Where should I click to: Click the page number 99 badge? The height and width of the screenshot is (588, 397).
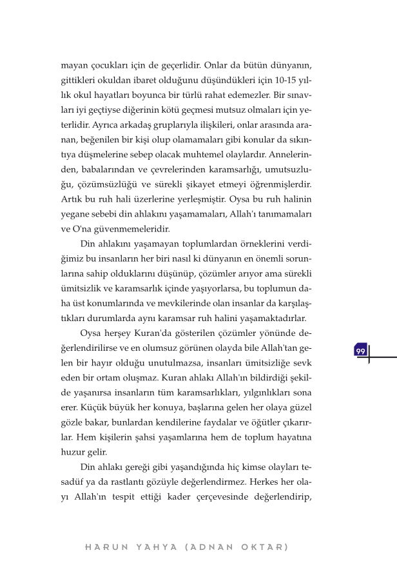click(x=360, y=351)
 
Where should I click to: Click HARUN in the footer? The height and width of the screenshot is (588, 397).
click(x=102, y=547)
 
